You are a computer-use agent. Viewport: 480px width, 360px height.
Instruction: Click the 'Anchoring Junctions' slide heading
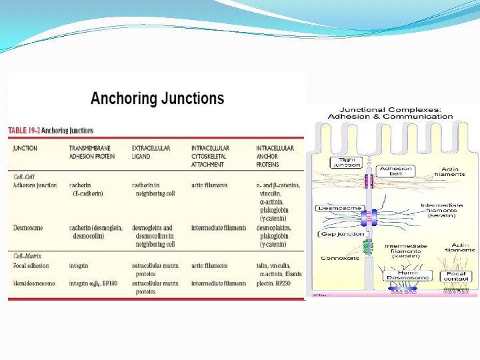[x=157, y=99]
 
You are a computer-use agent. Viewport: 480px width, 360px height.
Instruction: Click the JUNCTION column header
[x=25, y=148]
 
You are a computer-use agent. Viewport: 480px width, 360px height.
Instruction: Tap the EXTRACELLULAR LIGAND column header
[x=151, y=152]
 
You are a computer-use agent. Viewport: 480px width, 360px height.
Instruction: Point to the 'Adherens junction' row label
[x=35, y=185]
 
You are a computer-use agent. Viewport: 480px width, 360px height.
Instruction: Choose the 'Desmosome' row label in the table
[x=28, y=228]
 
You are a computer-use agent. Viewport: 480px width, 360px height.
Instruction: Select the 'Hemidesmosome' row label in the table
[x=33, y=283]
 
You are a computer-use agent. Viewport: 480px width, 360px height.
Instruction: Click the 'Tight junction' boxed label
[x=346, y=162]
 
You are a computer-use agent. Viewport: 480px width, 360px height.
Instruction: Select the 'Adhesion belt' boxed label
[x=396, y=171]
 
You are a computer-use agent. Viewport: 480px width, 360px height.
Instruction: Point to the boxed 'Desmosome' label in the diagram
[x=340, y=209]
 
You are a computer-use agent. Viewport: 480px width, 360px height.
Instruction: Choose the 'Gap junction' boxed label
[x=342, y=234]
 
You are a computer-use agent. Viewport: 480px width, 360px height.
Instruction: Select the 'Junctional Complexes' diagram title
[x=390, y=113]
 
